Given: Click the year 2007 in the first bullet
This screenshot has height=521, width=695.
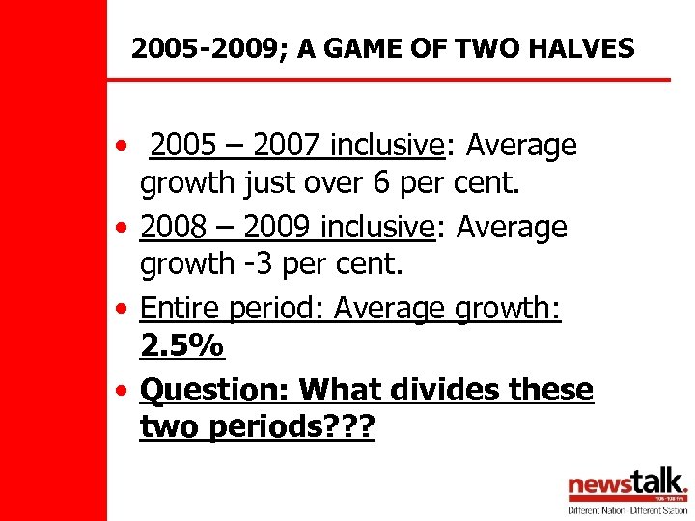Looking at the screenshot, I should point(285,146).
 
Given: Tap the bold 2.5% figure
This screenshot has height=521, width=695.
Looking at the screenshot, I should point(181,344).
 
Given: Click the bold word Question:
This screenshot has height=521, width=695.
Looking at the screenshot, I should point(215,390).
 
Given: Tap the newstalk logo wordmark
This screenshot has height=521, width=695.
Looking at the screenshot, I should point(626,483).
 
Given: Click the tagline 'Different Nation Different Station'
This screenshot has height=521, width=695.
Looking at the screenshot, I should point(626,508).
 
